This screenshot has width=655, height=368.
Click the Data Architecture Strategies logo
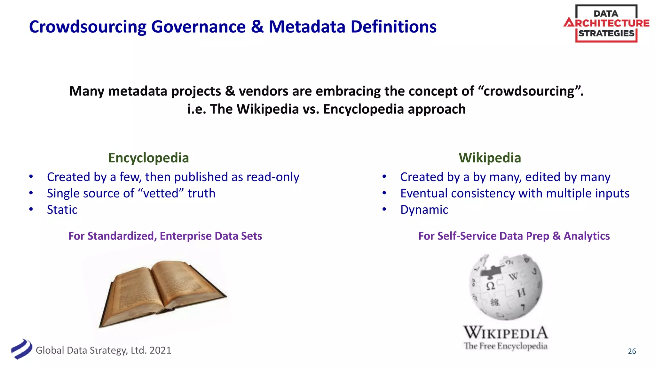pos(606,24)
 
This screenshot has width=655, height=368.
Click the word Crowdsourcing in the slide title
pos(87,27)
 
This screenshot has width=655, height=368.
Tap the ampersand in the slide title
pos(257,27)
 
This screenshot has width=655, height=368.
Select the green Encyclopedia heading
pos(148,158)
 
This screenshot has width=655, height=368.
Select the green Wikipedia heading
pos(490,158)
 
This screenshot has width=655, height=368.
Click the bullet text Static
pos(62,210)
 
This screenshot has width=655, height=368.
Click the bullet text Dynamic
pos(424,210)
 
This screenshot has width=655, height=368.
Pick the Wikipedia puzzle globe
pos(506,287)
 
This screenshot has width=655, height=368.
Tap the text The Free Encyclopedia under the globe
pos(505,346)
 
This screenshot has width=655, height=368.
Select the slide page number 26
pos(632,351)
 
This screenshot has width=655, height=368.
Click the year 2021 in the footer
pos(160,350)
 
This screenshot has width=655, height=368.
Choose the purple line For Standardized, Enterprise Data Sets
pos(165,236)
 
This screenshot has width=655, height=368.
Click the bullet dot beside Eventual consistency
pos(384,193)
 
